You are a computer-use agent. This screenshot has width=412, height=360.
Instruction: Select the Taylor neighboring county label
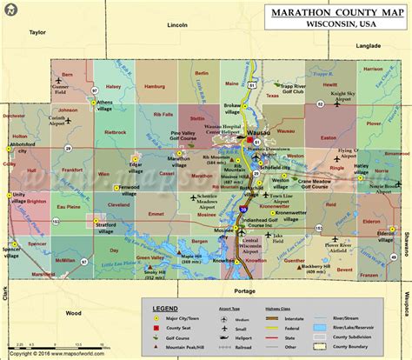(x=37, y=32)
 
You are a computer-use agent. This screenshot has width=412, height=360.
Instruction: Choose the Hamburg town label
(x=156, y=87)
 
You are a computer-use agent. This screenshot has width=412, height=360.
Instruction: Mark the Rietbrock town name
(x=116, y=133)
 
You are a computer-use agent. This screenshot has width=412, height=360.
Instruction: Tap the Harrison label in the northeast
(x=374, y=68)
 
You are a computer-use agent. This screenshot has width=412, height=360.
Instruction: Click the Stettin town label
(x=197, y=117)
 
